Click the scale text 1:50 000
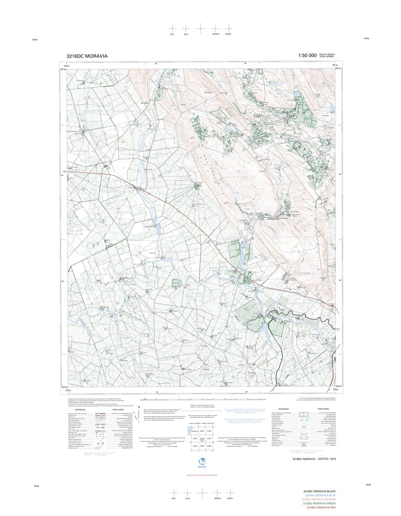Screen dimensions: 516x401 tap(307, 56)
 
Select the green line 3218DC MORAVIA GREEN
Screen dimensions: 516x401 tap(319, 503)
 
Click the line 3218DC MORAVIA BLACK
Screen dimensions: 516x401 tap(319, 491)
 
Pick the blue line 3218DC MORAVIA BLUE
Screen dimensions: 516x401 tap(319, 495)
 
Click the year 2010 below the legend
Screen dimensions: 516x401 tap(333, 459)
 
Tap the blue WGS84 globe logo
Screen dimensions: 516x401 tap(200, 462)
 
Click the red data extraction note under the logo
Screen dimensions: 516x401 tap(200, 475)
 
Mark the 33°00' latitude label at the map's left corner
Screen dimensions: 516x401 tap(63, 387)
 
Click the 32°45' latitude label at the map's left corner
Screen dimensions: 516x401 tap(63, 69)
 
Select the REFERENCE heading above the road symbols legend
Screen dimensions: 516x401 tap(80, 408)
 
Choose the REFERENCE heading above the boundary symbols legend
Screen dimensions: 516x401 tap(283, 408)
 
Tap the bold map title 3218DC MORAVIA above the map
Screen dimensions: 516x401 tap(87, 56)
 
